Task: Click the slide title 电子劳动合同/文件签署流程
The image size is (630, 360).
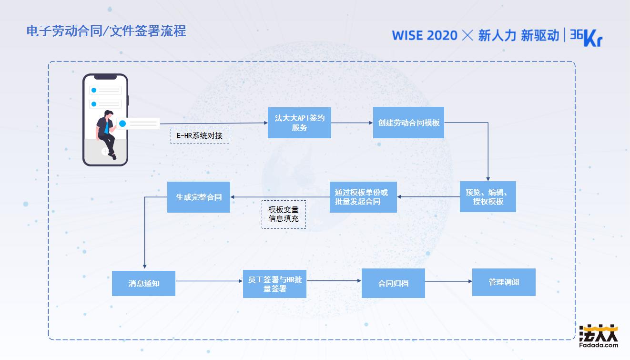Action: pos(106,31)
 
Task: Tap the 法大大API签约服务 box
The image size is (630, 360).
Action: pos(299,123)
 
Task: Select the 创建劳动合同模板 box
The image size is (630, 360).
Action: pos(408,123)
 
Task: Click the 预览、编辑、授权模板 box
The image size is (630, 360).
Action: pos(488,196)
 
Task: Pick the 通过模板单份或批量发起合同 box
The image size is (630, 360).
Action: pos(363,196)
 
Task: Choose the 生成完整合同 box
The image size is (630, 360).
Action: pos(199,197)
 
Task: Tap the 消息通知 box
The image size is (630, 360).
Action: pos(143,283)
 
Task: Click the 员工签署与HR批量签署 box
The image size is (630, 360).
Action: pos(274,284)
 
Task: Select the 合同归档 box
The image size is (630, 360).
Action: pos(393,283)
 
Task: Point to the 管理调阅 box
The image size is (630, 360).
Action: pos(504,282)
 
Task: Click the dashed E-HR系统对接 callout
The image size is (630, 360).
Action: pos(200,136)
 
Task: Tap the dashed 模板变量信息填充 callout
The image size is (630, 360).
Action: pos(284,214)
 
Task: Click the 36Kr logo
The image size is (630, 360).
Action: pos(586,37)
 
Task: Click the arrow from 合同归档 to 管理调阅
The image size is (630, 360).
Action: pos(448,281)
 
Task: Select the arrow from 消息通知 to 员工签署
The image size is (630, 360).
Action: pos(209,281)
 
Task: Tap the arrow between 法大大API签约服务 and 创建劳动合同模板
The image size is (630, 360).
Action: pos(352,123)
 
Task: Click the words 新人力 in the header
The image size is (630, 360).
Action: pos(497,35)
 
